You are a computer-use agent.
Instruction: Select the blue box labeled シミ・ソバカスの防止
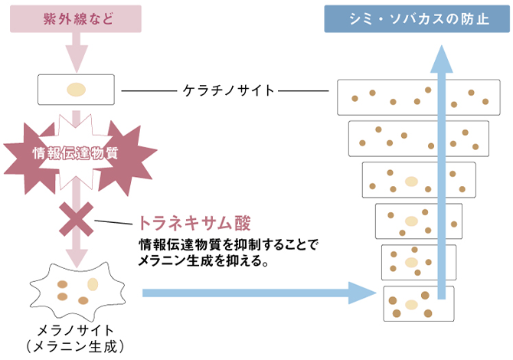[x=417, y=18]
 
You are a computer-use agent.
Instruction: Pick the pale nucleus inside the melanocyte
[x=93, y=284]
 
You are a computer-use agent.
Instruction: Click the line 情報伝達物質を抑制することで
[x=227, y=246]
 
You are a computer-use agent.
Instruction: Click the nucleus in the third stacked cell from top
[x=411, y=182]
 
